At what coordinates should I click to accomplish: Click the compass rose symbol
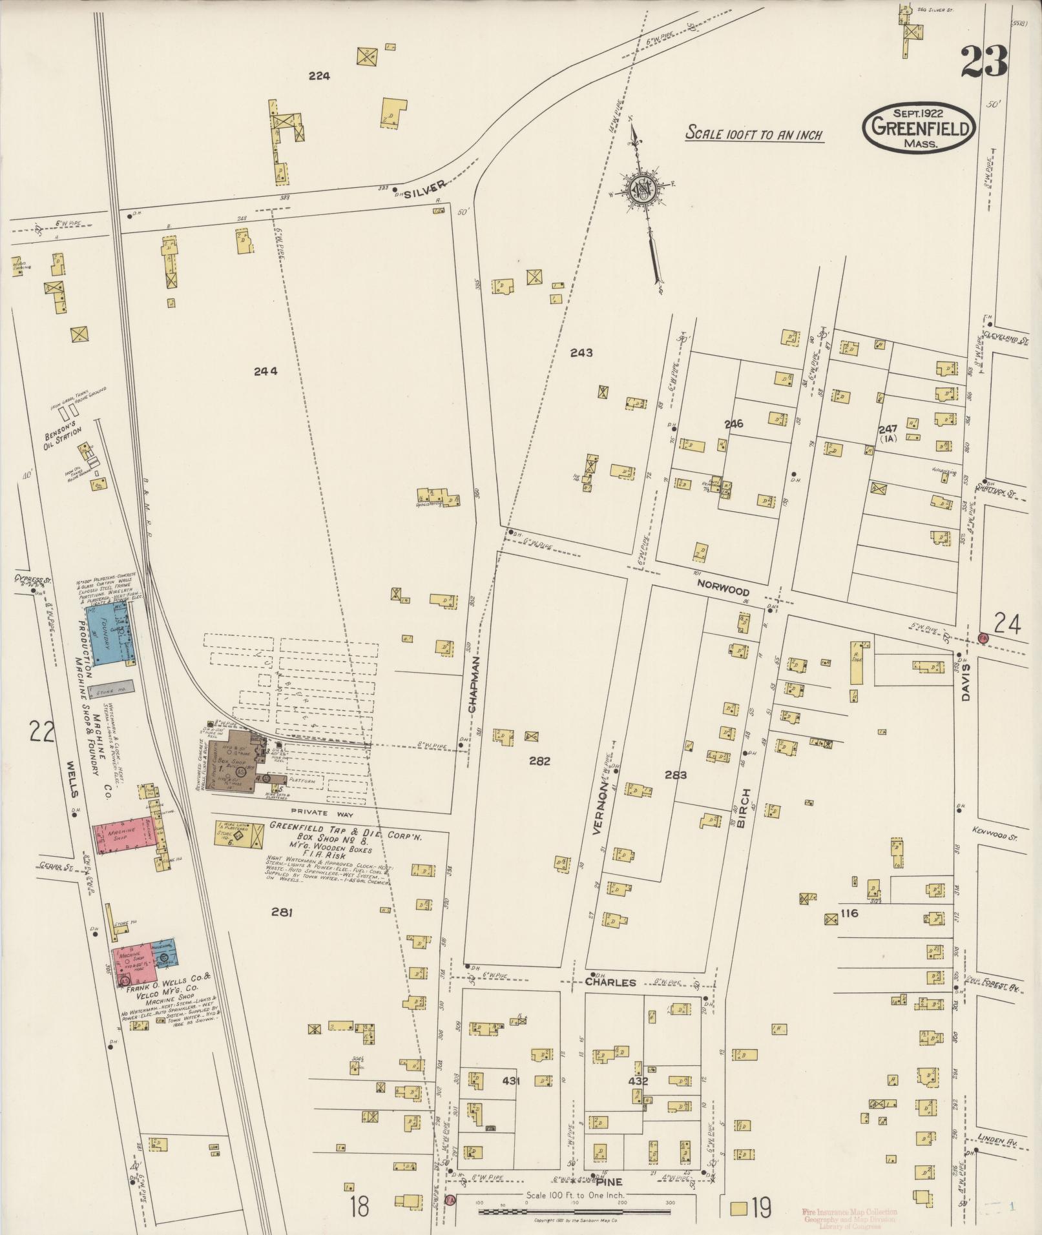pyautogui.click(x=644, y=188)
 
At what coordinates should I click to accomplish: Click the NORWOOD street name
pyautogui.click(x=723, y=591)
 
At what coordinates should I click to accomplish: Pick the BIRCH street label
pyautogui.click(x=745, y=806)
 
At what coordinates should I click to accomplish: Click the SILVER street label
pyautogui.click(x=426, y=186)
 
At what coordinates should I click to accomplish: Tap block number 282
pyautogui.click(x=539, y=761)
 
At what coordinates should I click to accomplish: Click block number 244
pyautogui.click(x=265, y=371)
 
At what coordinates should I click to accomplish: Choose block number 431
pyautogui.click(x=510, y=1079)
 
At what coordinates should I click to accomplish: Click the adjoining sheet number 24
pyautogui.click(x=1006, y=624)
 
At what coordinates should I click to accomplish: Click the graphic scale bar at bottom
pyautogui.click(x=575, y=1212)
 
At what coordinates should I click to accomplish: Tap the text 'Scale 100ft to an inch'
pyautogui.click(x=753, y=135)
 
